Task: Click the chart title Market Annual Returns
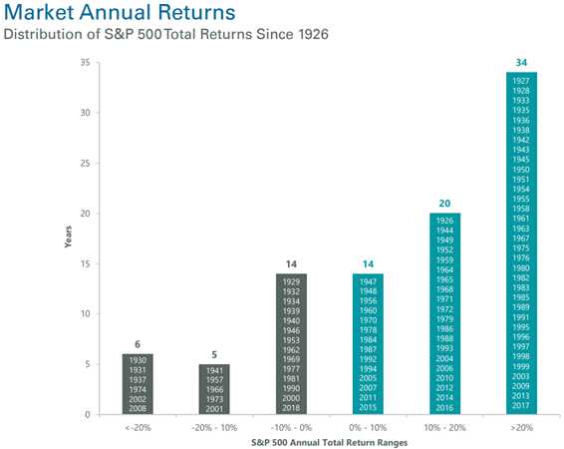pyautogui.click(x=120, y=12)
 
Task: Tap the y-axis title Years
pyautogui.click(x=68, y=236)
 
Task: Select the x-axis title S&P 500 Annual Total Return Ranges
pyautogui.click(x=329, y=443)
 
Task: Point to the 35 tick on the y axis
pyautogui.click(x=86, y=62)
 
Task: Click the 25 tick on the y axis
pyautogui.click(x=86, y=163)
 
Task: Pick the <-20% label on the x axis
pyautogui.click(x=138, y=428)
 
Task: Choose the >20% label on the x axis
pyautogui.click(x=521, y=428)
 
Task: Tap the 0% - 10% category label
pyautogui.click(x=368, y=428)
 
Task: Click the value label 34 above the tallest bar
pyautogui.click(x=521, y=63)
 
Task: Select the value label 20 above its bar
pyautogui.click(x=444, y=204)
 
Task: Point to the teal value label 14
pyautogui.click(x=368, y=264)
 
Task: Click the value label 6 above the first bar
pyautogui.click(x=138, y=344)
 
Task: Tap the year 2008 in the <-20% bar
pyautogui.click(x=138, y=408)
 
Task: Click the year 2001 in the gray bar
pyautogui.click(x=214, y=409)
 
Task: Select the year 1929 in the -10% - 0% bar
pyautogui.click(x=291, y=282)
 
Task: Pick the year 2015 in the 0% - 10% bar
pyautogui.click(x=368, y=407)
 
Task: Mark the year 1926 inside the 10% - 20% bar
pyautogui.click(x=444, y=221)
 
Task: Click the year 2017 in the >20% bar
pyautogui.click(x=521, y=405)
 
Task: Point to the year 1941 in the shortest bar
pyautogui.click(x=214, y=370)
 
